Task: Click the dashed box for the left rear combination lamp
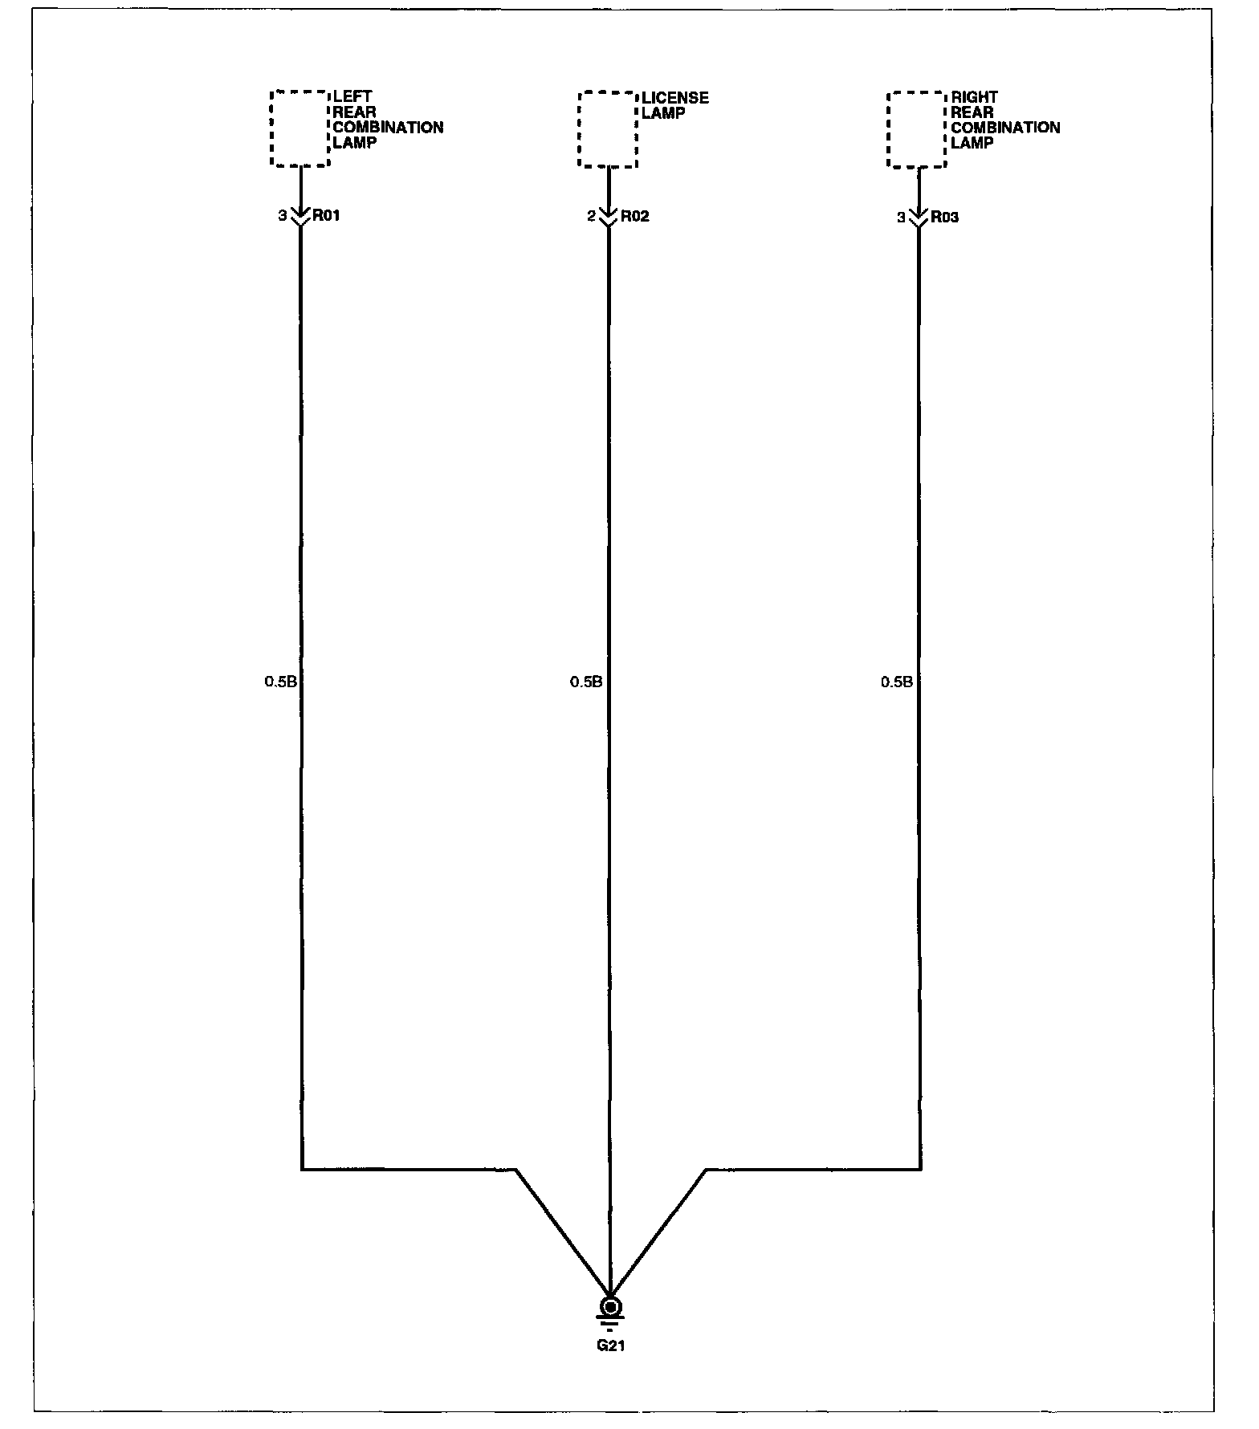point(300,128)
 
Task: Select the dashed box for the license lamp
point(608,129)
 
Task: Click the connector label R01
point(326,216)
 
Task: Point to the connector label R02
point(634,217)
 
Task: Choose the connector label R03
point(944,218)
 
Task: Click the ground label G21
point(610,1346)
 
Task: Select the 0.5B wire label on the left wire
point(281,682)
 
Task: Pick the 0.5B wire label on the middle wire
point(586,682)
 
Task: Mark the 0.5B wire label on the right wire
point(897,682)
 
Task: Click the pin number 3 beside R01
point(283,216)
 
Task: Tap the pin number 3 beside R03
point(901,218)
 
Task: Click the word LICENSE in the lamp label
point(675,98)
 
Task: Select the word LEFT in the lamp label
point(352,97)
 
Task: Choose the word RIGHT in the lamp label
point(974,97)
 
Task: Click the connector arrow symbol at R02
point(609,216)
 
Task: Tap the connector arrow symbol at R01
point(300,216)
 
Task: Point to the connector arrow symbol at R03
point(919,217)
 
